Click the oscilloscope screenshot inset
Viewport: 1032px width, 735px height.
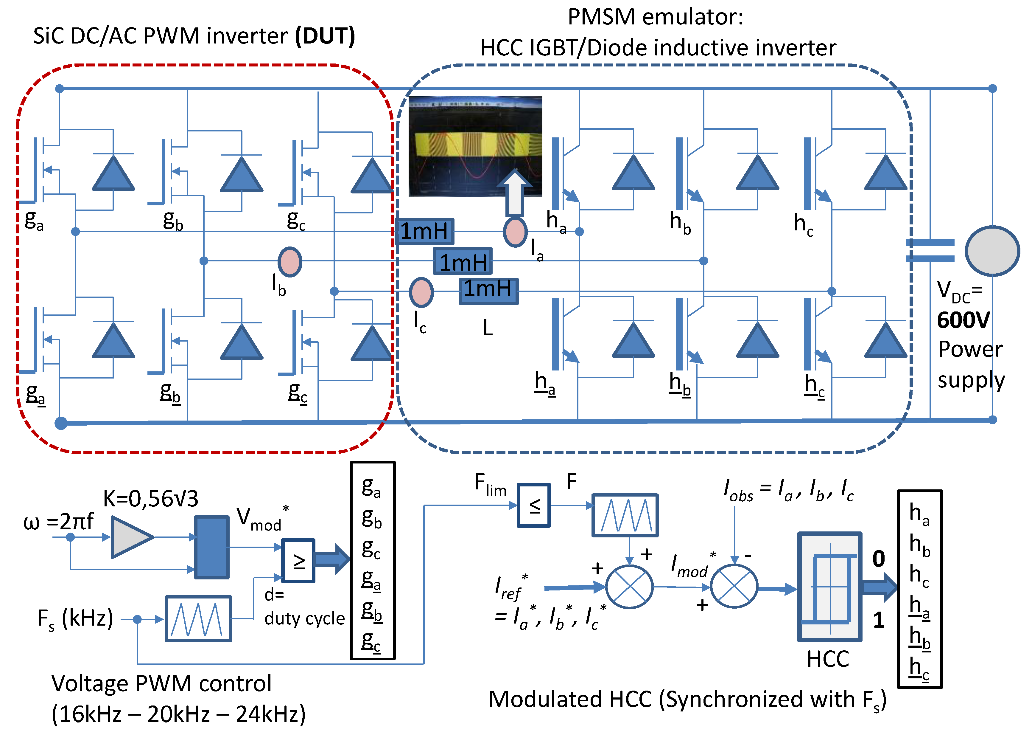[x=475, y=146]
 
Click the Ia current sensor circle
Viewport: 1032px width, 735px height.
[x=515, y=231]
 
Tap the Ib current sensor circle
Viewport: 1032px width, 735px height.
[x=289, y=262]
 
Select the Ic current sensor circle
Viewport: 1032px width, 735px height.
[x=421, y=292]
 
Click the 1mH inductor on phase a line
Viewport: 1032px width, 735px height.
[x=424, y=231]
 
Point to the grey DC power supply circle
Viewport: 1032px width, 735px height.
[x=992, y=251]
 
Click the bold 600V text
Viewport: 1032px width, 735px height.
[x=963, y=320]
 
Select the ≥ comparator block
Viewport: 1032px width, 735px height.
[x=298, y=561]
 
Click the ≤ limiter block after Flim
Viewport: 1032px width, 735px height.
[x=534, y=505]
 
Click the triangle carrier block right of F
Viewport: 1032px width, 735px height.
[x=625, y=515]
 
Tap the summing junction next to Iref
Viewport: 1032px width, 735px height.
[x=629, y=587]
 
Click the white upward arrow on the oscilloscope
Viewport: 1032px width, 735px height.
[x=515, y=192]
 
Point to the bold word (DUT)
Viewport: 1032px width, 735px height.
[x=325, y=36]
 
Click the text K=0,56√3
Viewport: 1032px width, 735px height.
[x=151, y=499]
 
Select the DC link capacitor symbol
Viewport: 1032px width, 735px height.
[x=930, y=251]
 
